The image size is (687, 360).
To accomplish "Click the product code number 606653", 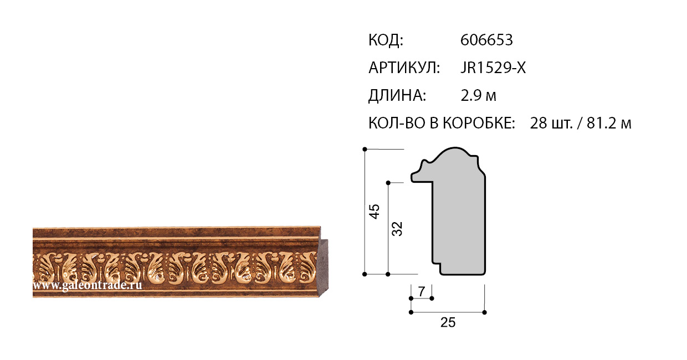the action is pyautogui.click(x=486, y=40).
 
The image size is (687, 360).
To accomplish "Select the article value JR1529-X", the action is pyautogui.click(x=493, y=68).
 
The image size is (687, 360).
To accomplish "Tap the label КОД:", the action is pyautogui.click(x=386, y=40).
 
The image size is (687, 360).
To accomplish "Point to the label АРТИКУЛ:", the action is pyautogui.click(x=404, y=68).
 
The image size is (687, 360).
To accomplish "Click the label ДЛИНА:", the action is pyautogui.click(x=397, y=96).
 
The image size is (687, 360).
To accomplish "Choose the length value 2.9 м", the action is pyautogui.click(x=478, y=96).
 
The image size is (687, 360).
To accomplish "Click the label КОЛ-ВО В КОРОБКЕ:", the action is pyautogui.click(x=442, y=124).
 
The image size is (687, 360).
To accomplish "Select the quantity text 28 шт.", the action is pyautogui.click(x=551, y=124).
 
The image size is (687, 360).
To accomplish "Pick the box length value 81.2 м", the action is pyautogui.click(x=609, y=124).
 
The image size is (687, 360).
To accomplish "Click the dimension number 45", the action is pyautogui.click(x=374, y=211).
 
